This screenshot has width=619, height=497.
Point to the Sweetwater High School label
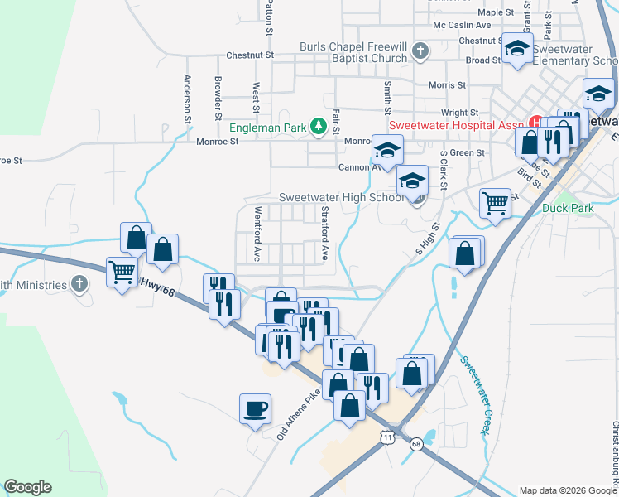[341, 197]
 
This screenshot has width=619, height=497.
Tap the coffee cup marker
[255, 408]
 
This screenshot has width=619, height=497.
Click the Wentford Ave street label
[257, 234]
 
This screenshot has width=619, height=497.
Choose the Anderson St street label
[188, 94]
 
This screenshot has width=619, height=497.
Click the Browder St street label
[218, 94]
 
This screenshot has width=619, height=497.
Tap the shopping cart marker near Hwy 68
[122, 271]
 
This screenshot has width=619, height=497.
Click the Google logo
[27, 487]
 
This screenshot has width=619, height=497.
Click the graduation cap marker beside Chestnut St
[517, 51]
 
